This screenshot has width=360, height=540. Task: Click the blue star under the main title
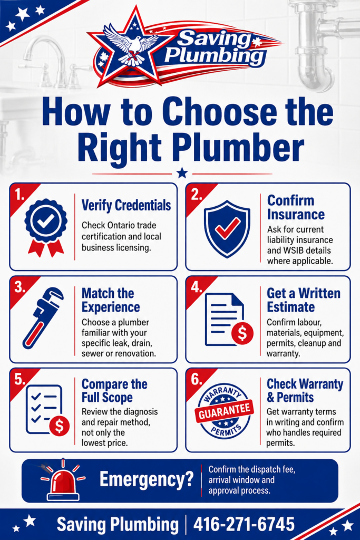click(182, 173)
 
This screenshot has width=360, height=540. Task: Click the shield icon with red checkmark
click(227, 229)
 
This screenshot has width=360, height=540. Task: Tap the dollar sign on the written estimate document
click(242, 333)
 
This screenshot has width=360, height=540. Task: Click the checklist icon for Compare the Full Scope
click(47, 410)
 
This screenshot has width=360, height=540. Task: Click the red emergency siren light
click(63, 481)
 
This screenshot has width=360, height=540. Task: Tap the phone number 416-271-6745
click(244, 524)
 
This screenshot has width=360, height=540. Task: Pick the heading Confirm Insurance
click(296, 207)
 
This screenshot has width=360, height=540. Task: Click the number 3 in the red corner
click(19, 287)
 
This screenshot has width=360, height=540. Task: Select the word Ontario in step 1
click(122, 225)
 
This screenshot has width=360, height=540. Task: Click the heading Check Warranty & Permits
click(305, 391)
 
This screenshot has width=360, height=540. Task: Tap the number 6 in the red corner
click(196, 380)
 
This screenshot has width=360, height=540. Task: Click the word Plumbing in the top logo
click(215, 56)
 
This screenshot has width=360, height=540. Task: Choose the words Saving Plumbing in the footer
click(118, 525)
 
